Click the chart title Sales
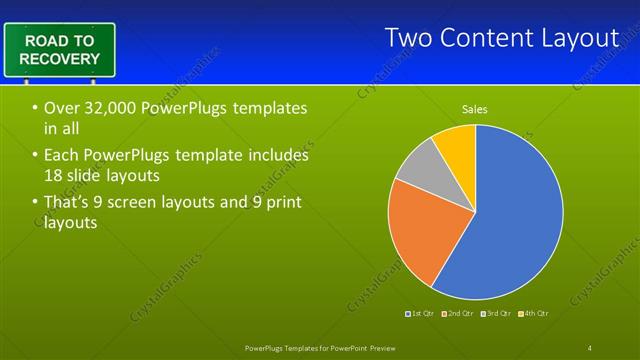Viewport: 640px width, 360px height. pyautogui.click(x=474, y=109)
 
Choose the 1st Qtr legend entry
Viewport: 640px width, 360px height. pyautogui.click(x=419, y=313)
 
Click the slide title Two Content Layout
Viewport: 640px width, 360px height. pyautogui.click(x=502, y=38)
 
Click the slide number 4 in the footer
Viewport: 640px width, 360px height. pyautogui.click(x=589, y=347)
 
